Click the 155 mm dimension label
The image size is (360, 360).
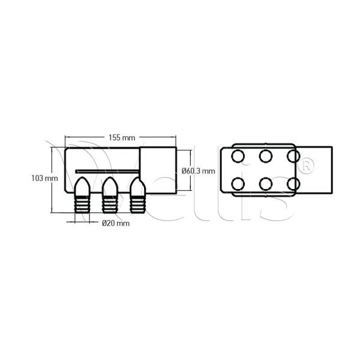(x=122, y=138)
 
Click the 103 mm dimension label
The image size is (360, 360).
(x=45, y=178)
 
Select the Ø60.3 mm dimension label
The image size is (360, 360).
(x=199, y=171)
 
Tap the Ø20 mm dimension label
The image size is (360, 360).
(x=116, y=223)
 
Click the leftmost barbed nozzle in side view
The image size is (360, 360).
(x=82, y=195)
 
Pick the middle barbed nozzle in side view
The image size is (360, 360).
(x=110, y=195)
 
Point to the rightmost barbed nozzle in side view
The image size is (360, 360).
(x=137, y=195)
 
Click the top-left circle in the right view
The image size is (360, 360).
(x=238, y=156)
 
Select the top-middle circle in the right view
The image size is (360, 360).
(x=266, y=156)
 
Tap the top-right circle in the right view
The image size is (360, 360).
(x=293, y=156)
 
